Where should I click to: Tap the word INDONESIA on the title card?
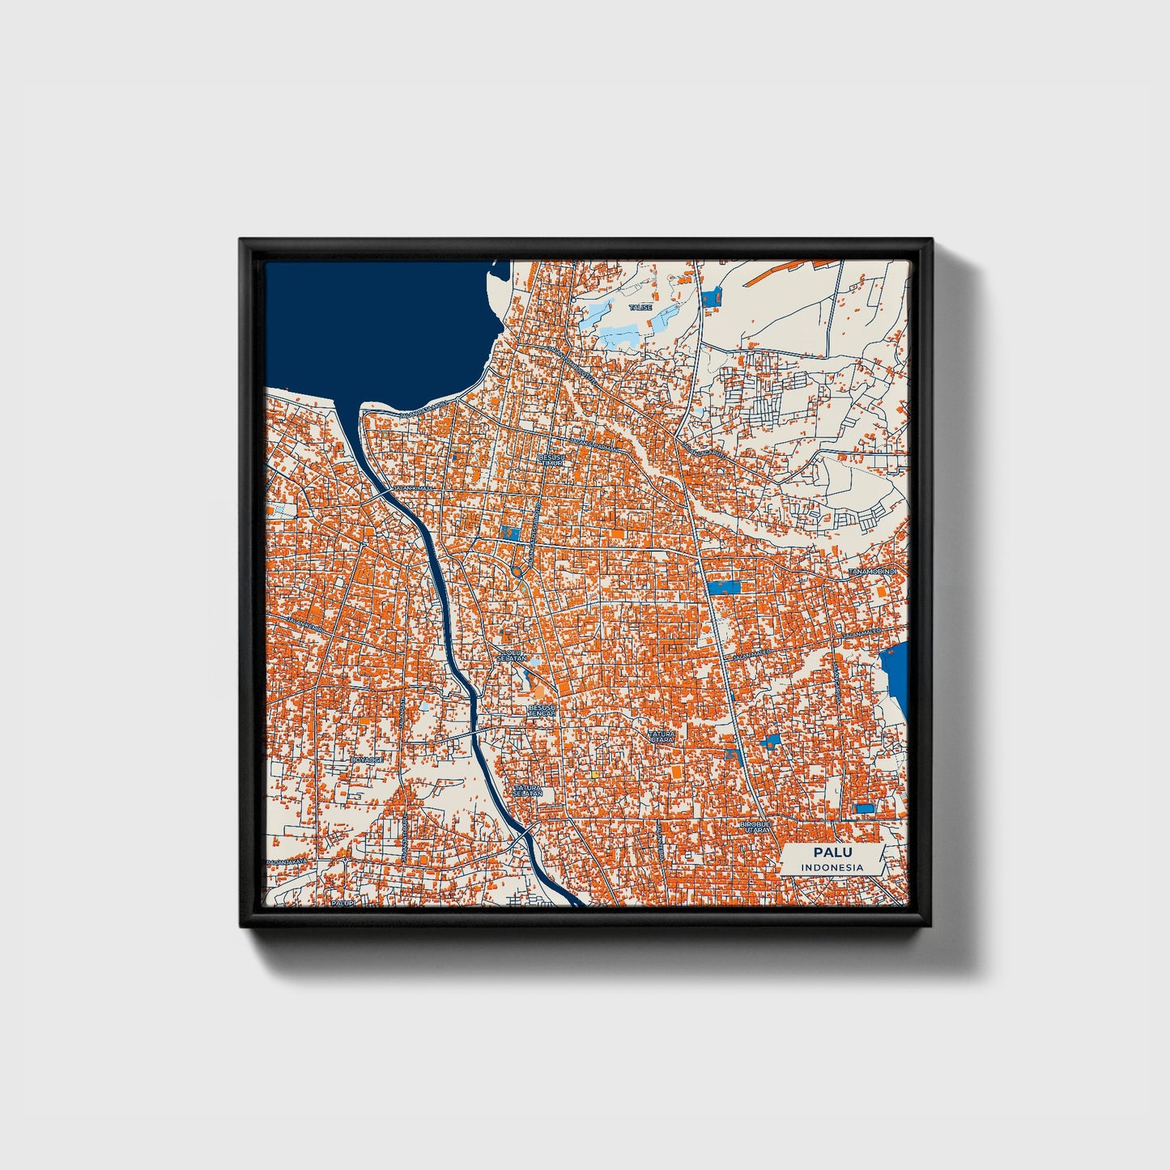coord(832,867)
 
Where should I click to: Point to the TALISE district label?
coord(640,308)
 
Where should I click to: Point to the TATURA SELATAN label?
coord(526,789)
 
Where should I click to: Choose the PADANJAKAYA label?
coord(288,862)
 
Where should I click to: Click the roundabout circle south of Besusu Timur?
coord(517,572)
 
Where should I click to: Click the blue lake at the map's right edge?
coord(895,672)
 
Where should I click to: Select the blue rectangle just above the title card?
coord(865,808)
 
